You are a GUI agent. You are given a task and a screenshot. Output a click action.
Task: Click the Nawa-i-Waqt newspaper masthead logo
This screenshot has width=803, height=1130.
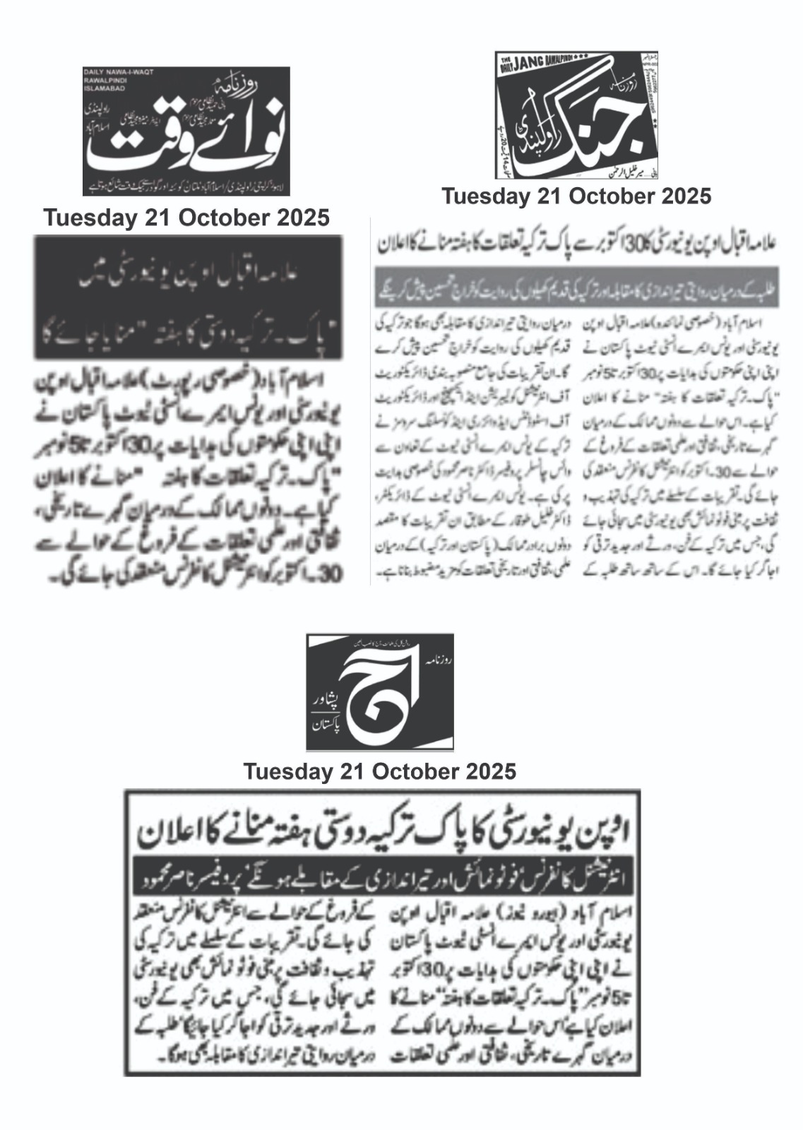point(186,131)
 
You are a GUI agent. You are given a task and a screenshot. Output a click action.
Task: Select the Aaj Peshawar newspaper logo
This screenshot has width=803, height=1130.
point(379,691)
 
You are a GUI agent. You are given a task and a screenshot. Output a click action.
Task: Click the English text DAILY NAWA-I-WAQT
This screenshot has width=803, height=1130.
point(119,72)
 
